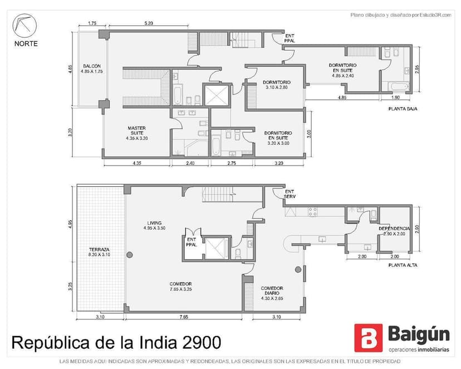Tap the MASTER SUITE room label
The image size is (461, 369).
(x=137, y=130)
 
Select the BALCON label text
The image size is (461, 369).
(x=92, y=66)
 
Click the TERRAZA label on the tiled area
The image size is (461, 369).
(x=99, y=250)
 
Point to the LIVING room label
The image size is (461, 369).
(x=154, y=223)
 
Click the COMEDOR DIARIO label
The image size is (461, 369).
(x=272, y=291)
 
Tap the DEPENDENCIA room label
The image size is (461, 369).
(x=394, y=229)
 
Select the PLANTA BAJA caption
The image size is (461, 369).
(x=403, y=109)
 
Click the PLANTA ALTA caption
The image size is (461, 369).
(x=403, y=265)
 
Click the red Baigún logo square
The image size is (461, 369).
(x=369, y=338)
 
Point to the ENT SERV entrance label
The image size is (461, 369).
(x=290, y=194)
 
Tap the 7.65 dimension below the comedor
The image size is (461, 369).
(x=184, y=317)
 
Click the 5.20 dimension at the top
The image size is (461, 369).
(x=149, y=23)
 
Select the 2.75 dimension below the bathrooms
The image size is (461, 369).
(x=232, y=163)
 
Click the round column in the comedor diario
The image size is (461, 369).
(x=298, y=269)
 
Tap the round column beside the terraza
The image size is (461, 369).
(x=130, y=255)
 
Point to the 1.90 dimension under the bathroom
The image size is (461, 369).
(x=395, y=98)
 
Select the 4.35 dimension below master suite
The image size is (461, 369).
(x=137, y=163)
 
